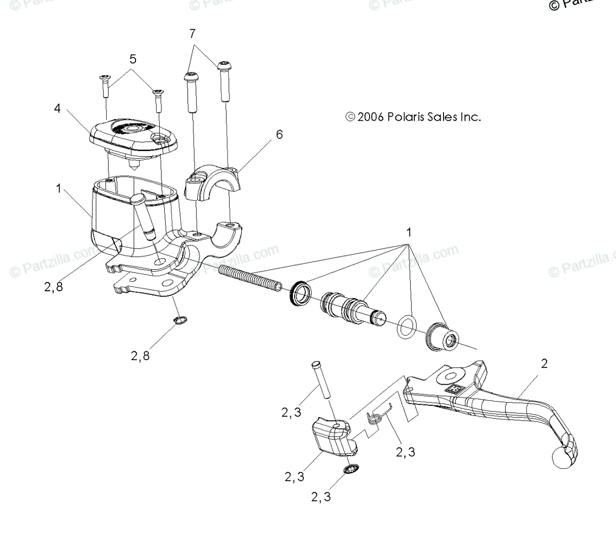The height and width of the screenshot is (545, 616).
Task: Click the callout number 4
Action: coord(57,109)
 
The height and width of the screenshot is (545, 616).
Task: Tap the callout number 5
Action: coord(133,59)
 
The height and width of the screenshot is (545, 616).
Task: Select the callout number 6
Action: coord(279,135)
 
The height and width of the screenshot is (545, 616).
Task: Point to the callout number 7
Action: coord(192,34)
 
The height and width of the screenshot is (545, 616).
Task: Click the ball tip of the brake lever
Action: coord(561,456)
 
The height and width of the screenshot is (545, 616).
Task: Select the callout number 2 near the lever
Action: coord(544,364)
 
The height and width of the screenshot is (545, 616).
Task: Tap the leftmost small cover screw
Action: coord(105,85)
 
